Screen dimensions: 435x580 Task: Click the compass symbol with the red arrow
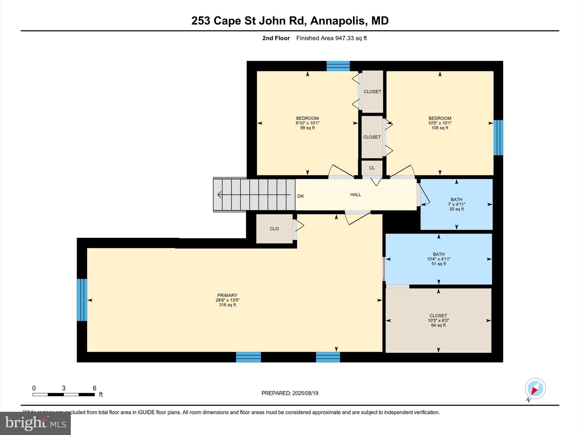coord(535,389)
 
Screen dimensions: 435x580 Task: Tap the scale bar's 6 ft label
coord(95,388)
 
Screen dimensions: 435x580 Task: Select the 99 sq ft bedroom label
coord(307,123)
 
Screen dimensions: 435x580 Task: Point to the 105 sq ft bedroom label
coord(440,123)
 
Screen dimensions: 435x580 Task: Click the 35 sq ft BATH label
coord(456,204)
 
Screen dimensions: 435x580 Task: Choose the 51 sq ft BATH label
coord(438,259)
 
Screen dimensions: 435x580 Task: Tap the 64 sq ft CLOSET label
coord(438,320)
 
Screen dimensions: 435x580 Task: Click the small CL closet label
coord(372,168)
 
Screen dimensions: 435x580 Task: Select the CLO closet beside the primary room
coord(274,229)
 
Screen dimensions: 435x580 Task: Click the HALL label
coord(355,195)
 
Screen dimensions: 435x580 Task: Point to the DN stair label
coord(300,196)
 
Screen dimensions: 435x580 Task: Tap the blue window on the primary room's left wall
coord(82,300)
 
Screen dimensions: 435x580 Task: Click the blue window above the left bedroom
coord(338,66)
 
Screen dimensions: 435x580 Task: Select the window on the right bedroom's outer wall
coord(498,138)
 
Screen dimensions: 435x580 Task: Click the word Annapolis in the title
coord(337,21)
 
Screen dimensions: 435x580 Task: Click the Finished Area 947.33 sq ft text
coord(331,38)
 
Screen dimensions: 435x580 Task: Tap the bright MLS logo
coord(35,423)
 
